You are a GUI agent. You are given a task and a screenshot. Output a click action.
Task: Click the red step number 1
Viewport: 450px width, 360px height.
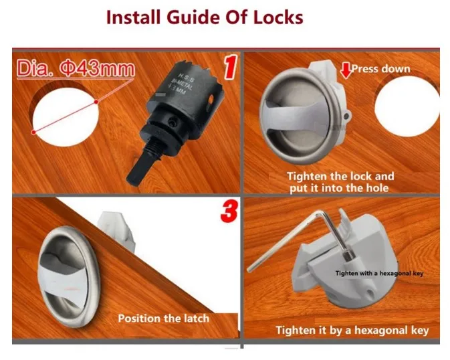[229, 69]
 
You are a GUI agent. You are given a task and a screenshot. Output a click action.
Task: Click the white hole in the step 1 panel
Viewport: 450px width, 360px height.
[64, 114]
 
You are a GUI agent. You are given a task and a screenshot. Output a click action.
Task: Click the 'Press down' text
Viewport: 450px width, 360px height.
[380, 69]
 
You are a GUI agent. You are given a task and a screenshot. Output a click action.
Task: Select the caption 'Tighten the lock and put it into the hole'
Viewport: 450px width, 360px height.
[340, 182]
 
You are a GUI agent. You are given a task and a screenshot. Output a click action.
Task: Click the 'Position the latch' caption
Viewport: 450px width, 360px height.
[163, 318]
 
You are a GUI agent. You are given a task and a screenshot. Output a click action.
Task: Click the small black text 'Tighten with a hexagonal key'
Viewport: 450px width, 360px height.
[379, 274]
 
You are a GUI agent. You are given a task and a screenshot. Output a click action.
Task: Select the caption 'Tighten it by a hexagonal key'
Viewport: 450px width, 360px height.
[352, 330]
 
